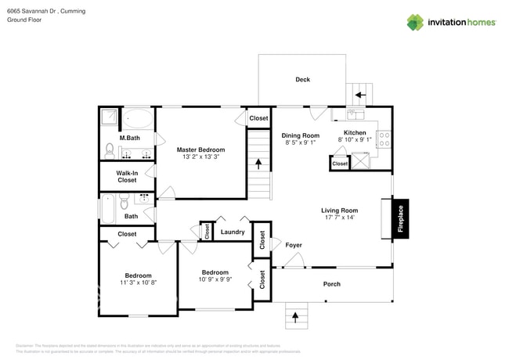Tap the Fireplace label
click(400, 218)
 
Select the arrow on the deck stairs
click(360, 95)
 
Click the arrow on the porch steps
click(295, 317)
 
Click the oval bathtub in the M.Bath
click(140, 119)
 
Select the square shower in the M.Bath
click(109, 118)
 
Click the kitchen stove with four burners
click(384, 139)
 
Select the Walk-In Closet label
click(127, 176)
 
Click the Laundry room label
click(233, 232)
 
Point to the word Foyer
click(293, 246)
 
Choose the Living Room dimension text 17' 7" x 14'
click(339, 218)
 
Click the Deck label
click(302, 80)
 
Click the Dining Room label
click(301, 135)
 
